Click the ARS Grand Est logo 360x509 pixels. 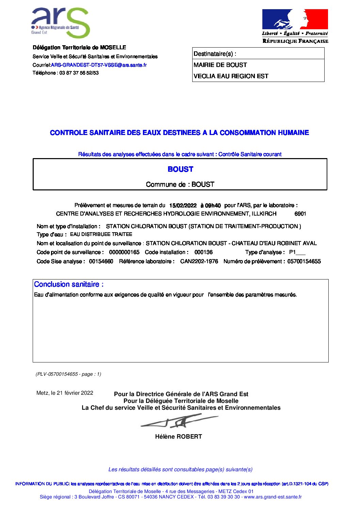(61, 22)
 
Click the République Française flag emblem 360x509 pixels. (295, 19)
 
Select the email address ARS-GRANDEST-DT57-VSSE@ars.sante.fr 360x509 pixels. (99, 65)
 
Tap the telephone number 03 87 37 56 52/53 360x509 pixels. (79, 73)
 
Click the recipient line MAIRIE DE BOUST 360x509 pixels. (220, 65)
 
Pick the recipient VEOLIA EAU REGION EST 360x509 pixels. (231, 76)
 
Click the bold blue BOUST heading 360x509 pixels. (180, 169)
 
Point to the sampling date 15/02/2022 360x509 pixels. (183, 206)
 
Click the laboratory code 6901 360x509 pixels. (300, 214)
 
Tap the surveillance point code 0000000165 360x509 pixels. (124, 252)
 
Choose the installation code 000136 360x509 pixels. (203, 252)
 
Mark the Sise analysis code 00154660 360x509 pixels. (101, 261)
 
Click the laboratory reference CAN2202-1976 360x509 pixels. (199, 261)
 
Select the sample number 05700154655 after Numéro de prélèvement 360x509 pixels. (304, 261)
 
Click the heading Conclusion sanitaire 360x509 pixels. (69, 285)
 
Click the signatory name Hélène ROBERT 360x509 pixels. (179, 437)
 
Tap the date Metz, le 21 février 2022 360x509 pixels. (65, 393)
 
